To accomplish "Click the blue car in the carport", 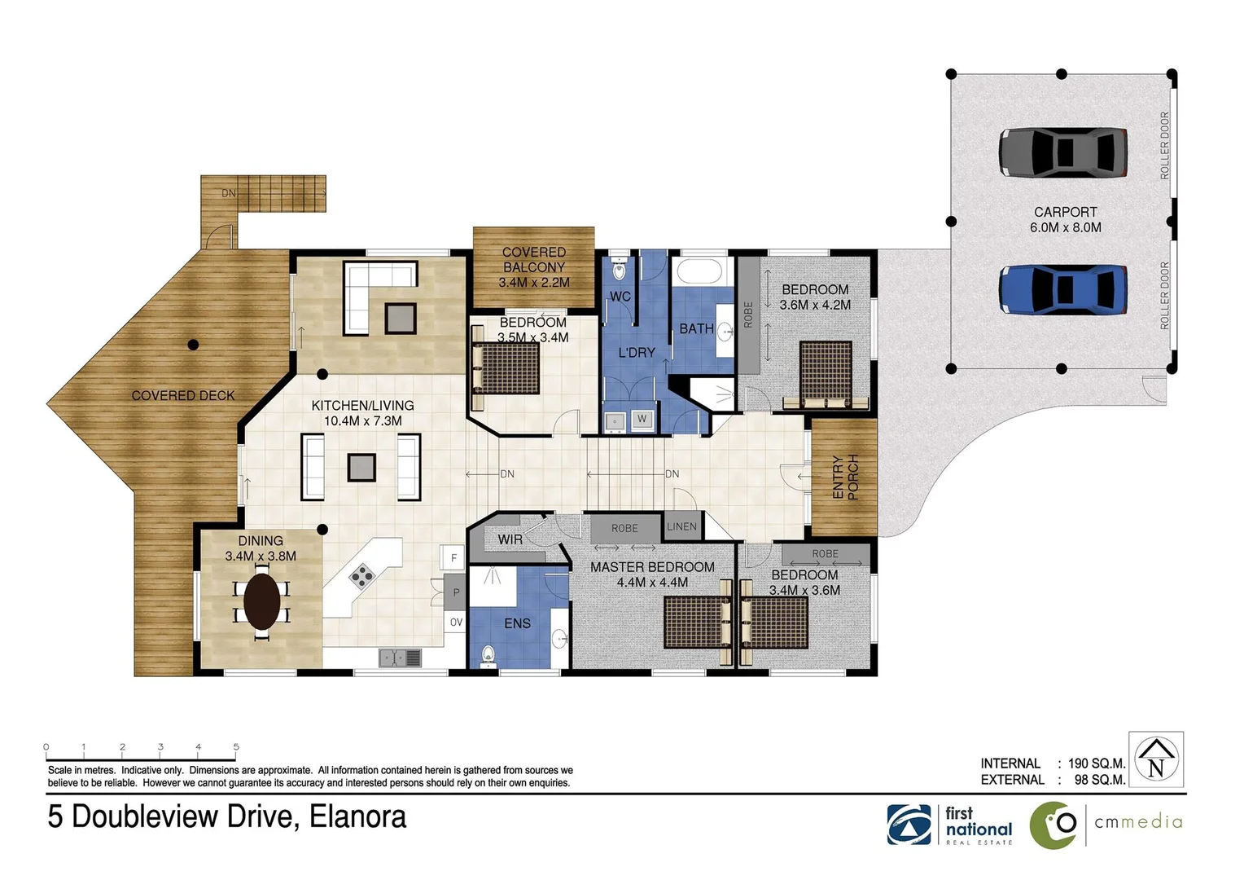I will coord(1062,289).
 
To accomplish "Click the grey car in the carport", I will coord(1062,152).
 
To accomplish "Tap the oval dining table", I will coord(262,601).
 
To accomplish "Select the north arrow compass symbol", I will coord(1155,759).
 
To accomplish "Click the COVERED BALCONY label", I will coord(534,267).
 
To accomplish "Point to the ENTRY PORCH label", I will coord(845,477).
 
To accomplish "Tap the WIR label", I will coord(510,539).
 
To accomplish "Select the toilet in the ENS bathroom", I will coord(488,655).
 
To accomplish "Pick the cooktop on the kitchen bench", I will coord(361,577).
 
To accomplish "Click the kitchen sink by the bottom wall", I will coord(400,657).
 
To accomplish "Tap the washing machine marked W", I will coord(642,419).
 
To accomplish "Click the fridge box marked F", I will coord(453,558).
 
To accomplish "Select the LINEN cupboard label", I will coord(681,526).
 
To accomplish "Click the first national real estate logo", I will coord(951,825).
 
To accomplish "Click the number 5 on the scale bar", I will coord(236,746).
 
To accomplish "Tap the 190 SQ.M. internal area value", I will coord(1096,763).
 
